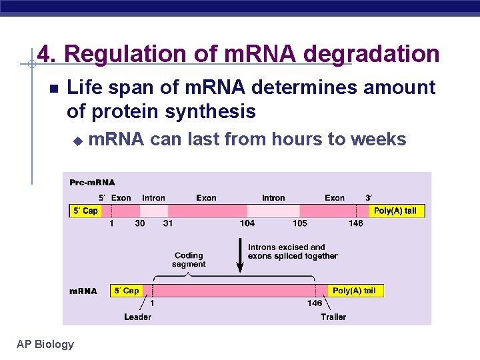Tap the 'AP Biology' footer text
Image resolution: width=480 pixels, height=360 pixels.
pyautogui.click(x=45, y=344)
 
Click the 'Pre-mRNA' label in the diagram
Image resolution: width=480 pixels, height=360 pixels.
pyautogui.click(x=92, y=182)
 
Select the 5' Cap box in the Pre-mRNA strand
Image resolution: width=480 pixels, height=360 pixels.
pyautogui.click(x=85, y=211)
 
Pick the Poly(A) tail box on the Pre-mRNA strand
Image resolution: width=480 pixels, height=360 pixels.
pyautogui.click(x=395, y=211)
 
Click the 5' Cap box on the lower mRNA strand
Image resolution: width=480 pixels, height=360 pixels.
pyautogui.click(x=126, y=291)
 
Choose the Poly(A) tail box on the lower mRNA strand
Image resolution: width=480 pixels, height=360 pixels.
pyautogui.click(x=353, y=291)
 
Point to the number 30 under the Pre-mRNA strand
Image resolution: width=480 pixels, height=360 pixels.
pyautogui.click(x=139, y=223)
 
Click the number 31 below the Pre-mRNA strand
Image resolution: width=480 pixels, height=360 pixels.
pyautogui.click(x=167, y=223)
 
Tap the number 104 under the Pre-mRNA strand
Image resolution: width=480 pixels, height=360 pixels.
pyautogui.click(x=247, y=223)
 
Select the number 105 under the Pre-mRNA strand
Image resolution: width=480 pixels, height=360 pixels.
pyautogui.click(x=299, y=223)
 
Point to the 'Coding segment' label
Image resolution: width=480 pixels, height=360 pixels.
pyautogui.click(x=189, y=259)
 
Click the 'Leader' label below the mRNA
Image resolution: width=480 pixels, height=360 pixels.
pyautogui.click(x=137, y=317)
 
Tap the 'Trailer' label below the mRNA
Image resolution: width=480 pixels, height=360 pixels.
pyautogui.click(x=333, y=317)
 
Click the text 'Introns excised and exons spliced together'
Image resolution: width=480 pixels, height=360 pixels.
pyautogui.click(x=292, y=251)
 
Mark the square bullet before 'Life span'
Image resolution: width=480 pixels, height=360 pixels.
pyautogui.click(x=53, y=88)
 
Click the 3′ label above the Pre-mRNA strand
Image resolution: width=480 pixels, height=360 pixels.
pyautogui.click(x=369, y=198)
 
